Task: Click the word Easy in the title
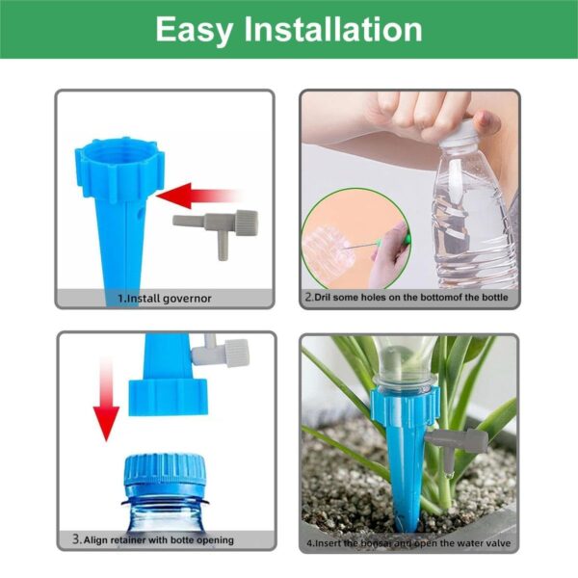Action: pos(195,31)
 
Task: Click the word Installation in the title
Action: pos(333,29)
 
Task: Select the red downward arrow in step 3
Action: pos(106,400)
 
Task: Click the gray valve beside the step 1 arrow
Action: pos(216,232)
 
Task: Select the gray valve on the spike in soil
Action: pos(457,448)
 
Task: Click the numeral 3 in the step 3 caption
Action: pos(76,539)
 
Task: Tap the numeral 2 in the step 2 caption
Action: pos(309,297)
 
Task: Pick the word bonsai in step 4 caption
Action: pos(376,543)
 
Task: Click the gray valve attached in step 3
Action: pos(221,351)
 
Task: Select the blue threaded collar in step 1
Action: pos(119,169)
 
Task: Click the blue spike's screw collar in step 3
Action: pos(168,397)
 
